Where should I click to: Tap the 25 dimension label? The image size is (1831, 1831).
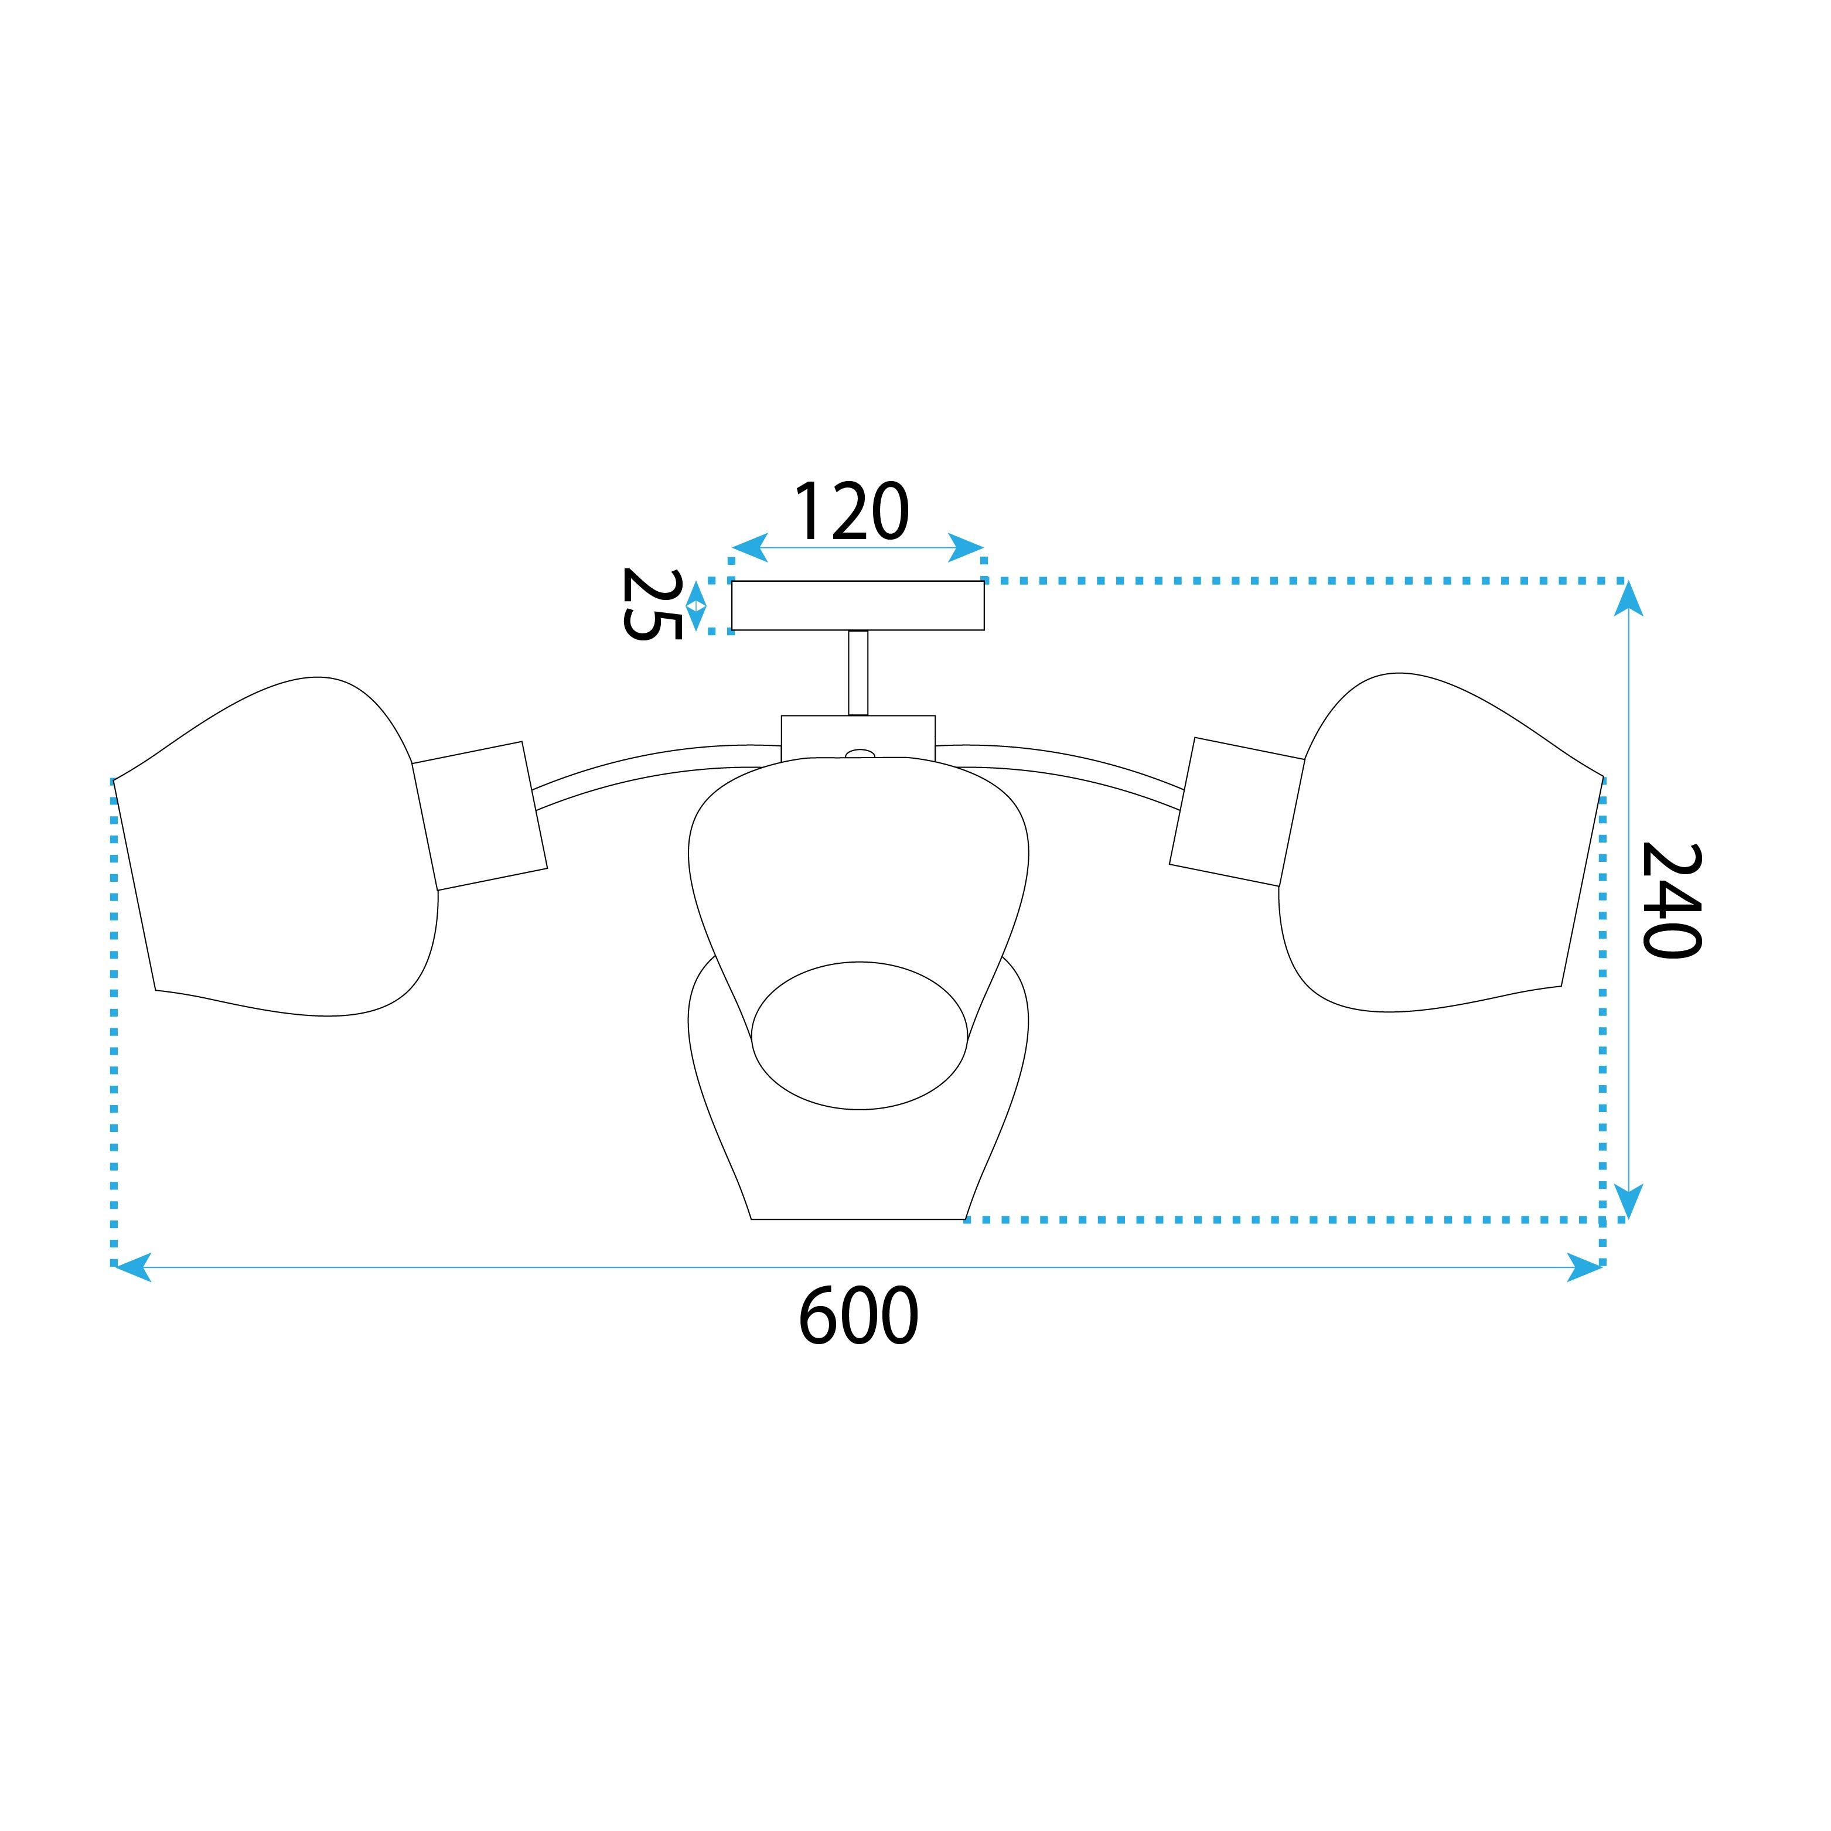point(652,605)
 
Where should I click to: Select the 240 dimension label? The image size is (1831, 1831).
point(1672,901)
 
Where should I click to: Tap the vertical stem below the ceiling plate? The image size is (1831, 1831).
point(858,673)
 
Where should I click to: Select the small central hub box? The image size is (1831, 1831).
point(858,737)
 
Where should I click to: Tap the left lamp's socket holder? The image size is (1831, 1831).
point(479,816)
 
